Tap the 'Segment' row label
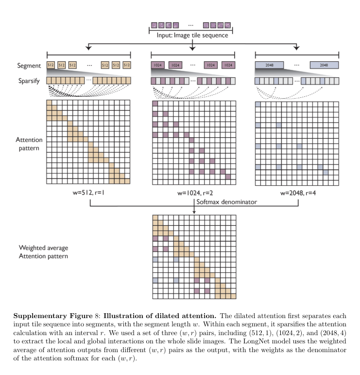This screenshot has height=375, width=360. click(27, 65)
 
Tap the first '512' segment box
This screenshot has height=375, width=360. click(51, 65)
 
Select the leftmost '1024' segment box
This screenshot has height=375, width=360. click(157, 65)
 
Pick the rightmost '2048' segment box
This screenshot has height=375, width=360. click(324, 65)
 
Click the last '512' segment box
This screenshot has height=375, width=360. click(127, 65)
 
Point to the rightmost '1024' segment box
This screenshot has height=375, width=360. click(228, 65)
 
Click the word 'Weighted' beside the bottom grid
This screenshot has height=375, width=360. click(32, 248)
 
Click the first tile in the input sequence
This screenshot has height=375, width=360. click(154, 24)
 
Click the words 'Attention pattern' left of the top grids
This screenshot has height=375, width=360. click(28, 143)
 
